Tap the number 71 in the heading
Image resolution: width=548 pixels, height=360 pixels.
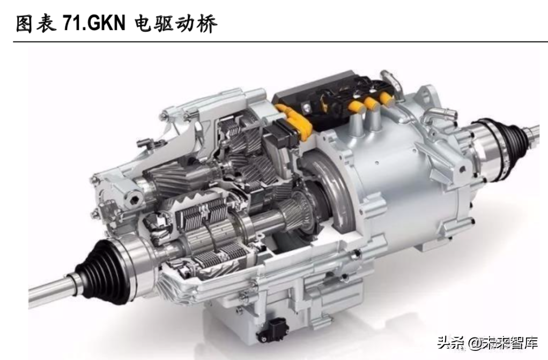click(x=69, y=24)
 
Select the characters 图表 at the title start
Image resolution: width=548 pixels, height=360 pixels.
click(x=36, y=24)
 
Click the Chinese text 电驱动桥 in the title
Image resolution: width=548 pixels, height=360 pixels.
click(x=176, y=24)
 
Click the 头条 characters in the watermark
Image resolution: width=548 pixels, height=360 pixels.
click(x=451, y=343)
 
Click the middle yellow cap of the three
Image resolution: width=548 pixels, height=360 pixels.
click(x=371, y=102)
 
